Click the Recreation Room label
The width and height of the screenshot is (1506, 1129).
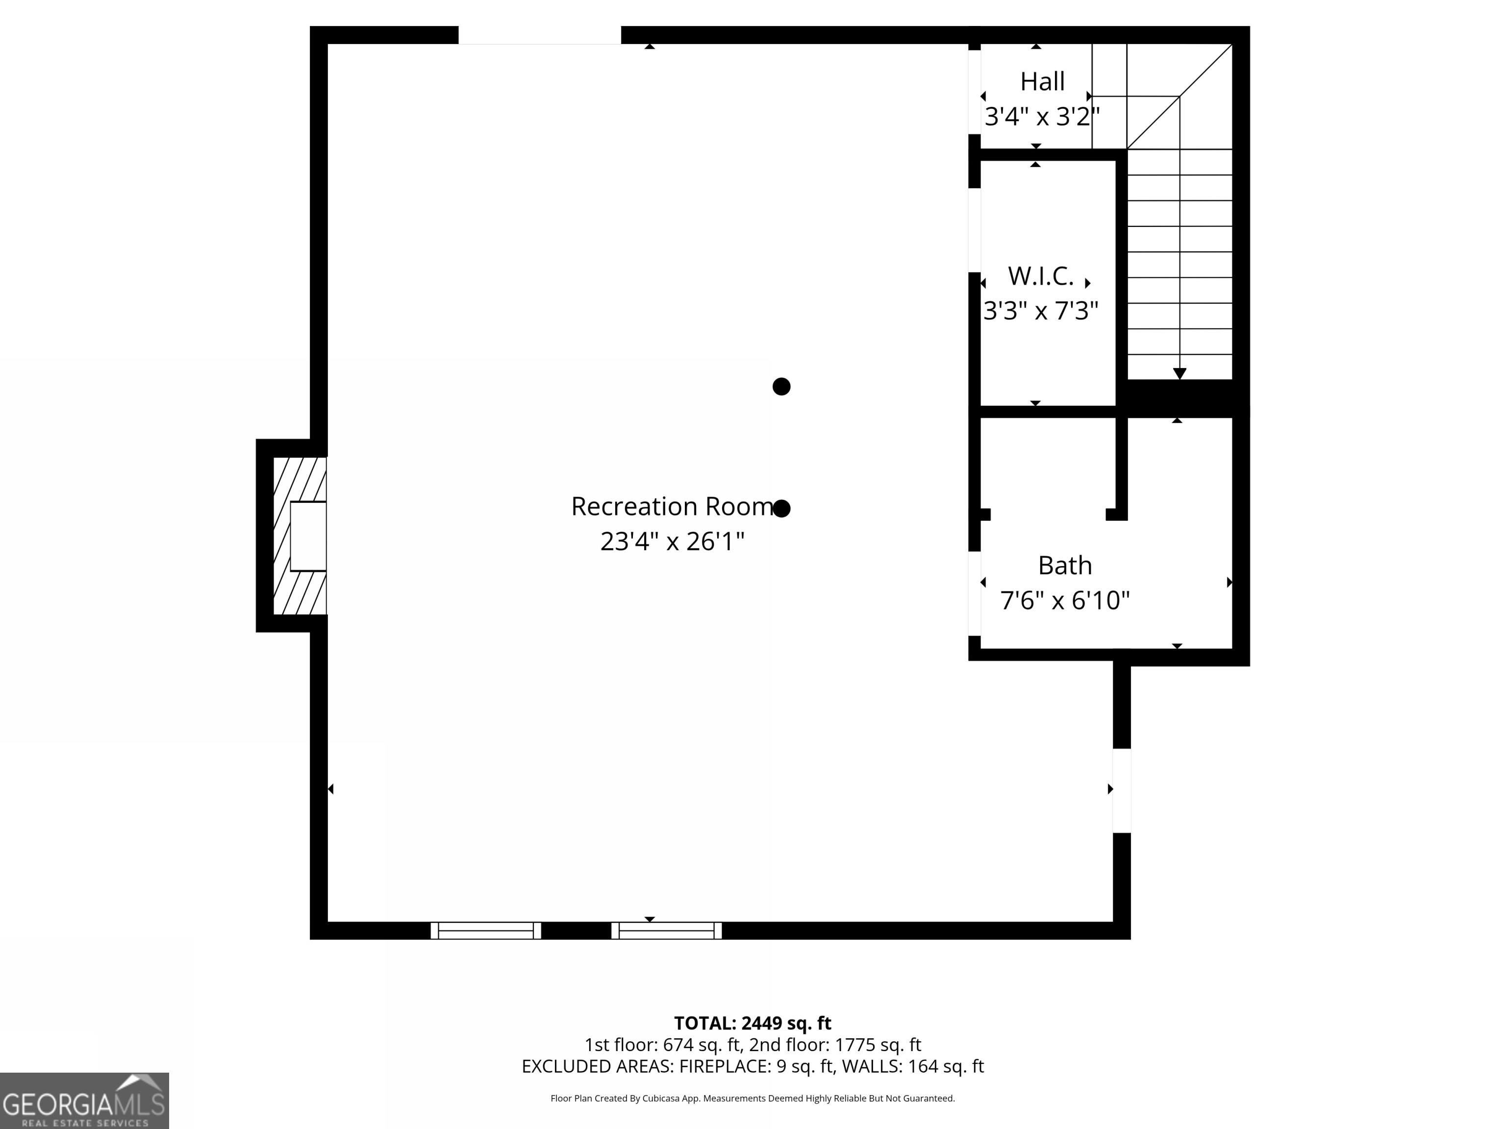click(671, 506)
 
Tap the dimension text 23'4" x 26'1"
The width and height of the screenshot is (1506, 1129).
click(671, 541)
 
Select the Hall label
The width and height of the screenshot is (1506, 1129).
click(1042, 82)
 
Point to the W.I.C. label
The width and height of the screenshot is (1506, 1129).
click(1040, 276)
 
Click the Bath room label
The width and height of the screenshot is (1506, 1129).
click(1064, 565)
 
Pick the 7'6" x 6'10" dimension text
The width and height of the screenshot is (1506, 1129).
click(1064, 600)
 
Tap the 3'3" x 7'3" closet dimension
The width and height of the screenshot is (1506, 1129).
click(1040, 311)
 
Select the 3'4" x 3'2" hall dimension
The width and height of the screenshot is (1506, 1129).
click(1042, 117)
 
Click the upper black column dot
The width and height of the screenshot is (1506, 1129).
click(781, 387)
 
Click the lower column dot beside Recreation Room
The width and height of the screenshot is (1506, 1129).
click(781, 508)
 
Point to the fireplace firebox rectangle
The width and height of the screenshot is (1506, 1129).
click(308, 536)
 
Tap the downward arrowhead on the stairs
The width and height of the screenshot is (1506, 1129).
click(1179, 373)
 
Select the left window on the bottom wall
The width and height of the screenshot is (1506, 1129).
click(485, 930)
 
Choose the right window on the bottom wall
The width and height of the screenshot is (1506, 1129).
click(667, 930)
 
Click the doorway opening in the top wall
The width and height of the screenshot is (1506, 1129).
click(539, 35)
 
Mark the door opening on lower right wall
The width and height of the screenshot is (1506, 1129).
click(1121, 790)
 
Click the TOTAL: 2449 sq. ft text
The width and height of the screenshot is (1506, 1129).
click(753, 1023)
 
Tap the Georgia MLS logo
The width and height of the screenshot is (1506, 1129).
click(84, 1101)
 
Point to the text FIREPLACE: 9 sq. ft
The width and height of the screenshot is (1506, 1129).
click(756, 1066)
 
